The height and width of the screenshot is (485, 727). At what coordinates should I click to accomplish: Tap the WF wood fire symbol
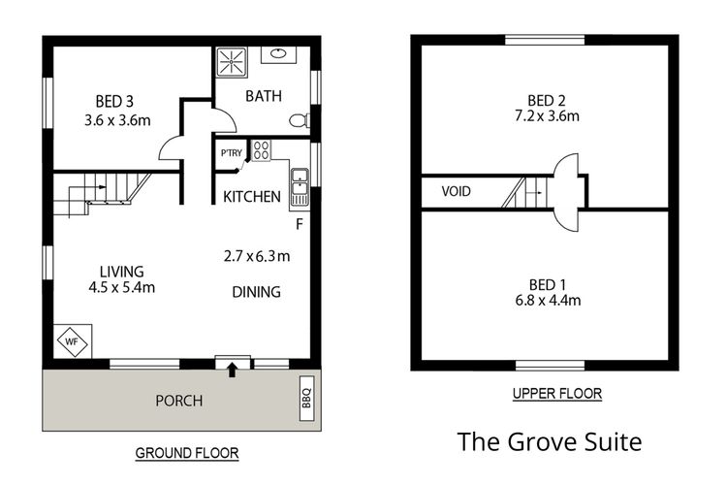click(x=71, y=341)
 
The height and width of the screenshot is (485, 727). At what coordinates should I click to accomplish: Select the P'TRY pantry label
click(x=232, y=153)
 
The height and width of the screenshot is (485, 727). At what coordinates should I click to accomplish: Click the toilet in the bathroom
click(x=301, y=120)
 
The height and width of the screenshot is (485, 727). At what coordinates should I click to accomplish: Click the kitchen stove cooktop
click(x=261, y=150)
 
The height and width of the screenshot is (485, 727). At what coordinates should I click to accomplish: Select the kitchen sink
click(x=300, y=180)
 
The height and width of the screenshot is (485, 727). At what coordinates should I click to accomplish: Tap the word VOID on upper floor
click(x=456, y=192)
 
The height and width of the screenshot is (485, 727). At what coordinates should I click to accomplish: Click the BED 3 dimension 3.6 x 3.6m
click(x=115, y=121)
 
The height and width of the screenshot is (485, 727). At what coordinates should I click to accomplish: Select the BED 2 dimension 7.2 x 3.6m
click(x=546, y=117)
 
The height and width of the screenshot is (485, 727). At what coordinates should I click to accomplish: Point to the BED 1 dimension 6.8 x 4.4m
click(x=546, y=300)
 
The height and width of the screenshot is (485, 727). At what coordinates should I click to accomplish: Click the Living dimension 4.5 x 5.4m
click(x=121, y=286)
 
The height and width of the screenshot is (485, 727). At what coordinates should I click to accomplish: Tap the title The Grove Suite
click(x=549, y=442)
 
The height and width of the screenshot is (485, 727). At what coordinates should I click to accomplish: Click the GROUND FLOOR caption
click(x=186, y=453)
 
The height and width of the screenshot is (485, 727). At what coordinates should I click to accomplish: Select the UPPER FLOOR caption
click(x=556, y=394)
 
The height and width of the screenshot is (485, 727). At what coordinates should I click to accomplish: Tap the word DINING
click(x=256, y=291)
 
